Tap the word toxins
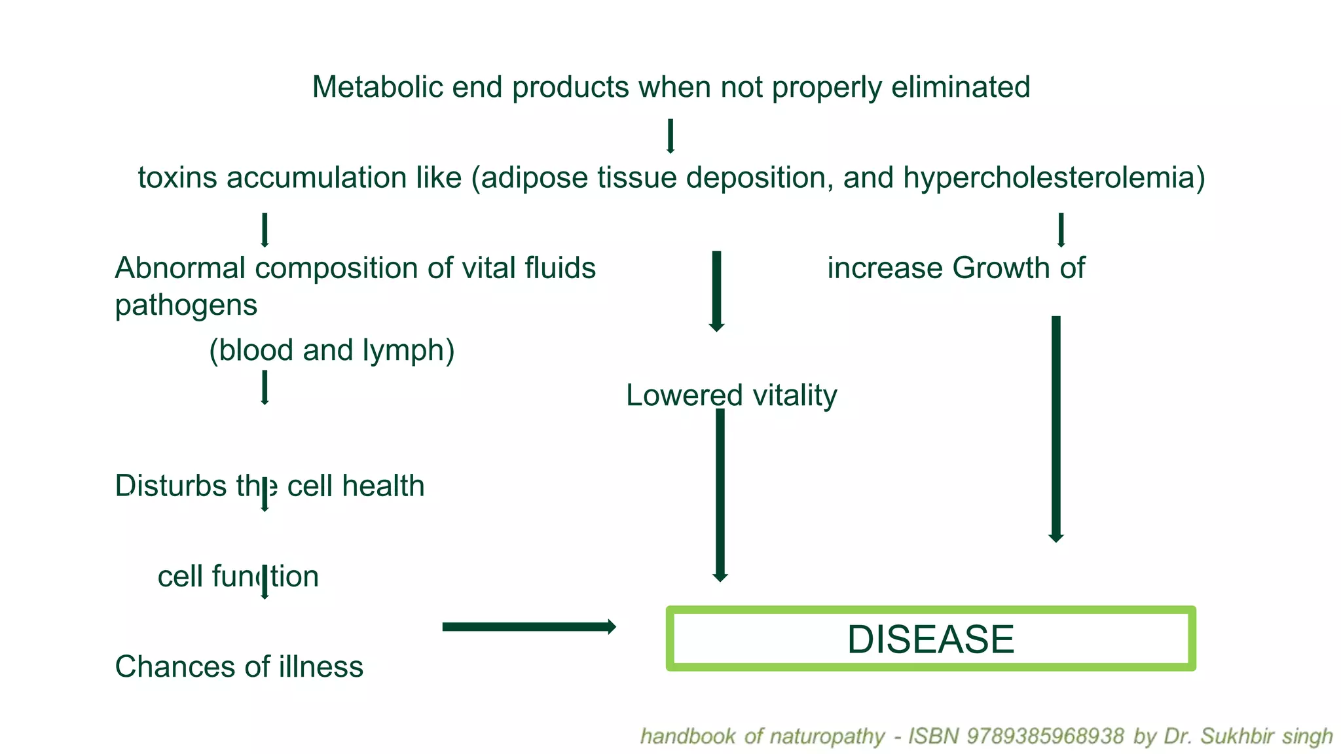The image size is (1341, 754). [177, 177]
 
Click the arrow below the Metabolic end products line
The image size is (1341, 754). [670, 135]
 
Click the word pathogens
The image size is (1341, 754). [186, 305]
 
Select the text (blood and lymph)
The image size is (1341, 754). [331, 350]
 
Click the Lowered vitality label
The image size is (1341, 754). [731, 395]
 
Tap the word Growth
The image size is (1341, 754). [1001, 268]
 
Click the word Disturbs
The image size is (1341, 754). [170, 486]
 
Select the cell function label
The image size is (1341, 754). [238, 577]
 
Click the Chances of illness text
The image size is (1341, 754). [239, 667]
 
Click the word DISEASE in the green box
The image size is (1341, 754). [930, 639]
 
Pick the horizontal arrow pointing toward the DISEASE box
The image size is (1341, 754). [528, 627]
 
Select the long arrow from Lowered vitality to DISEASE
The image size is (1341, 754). [720, 494]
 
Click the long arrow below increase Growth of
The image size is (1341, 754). [1056, 429]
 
